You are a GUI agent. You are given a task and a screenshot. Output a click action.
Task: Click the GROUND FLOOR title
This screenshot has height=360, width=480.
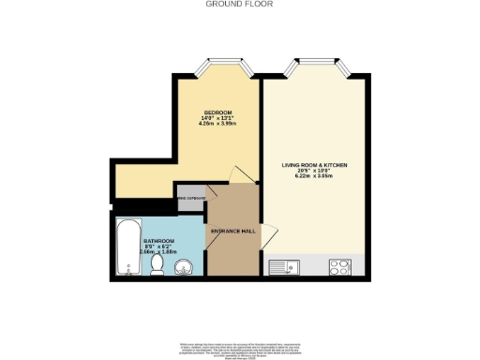[240, 4]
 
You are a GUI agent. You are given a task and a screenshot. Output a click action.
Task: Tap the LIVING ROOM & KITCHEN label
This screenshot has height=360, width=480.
[315, 165]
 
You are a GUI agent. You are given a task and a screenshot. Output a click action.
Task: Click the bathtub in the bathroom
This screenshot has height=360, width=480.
[127, 247]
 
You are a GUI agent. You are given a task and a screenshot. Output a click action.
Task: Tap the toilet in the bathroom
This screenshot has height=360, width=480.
[157, 267]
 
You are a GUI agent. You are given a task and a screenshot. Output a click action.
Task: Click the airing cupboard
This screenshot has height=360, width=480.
[192, 199]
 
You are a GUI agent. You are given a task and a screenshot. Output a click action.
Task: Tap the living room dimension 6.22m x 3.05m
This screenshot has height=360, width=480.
[315, 176]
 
